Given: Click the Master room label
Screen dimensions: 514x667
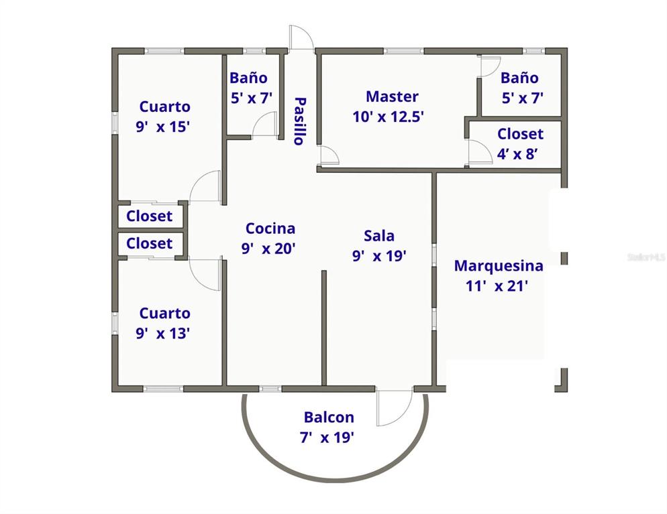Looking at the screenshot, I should pyautogui.click(x=392, y=97).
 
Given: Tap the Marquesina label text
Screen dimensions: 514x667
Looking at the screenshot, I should pyautogui.click(x=498, y=266).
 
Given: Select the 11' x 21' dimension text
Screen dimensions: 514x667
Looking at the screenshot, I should pyautogui.click(x=497, y=286).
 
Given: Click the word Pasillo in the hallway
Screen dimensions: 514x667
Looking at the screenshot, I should pyautogui.click(x=299, y=121).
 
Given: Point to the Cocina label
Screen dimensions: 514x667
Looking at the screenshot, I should pyautogui.click(x=270, y=229).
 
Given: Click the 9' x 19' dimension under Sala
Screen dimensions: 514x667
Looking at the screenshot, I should pyautogui.click(x=379, y=255).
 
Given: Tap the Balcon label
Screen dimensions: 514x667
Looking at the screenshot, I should pyautogui.click(x=329, y=417).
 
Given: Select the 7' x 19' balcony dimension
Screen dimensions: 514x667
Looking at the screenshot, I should pyautogui.click(x=327, y=438).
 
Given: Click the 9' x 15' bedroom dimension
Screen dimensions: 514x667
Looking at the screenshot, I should pyautogui.click(x=163, y=126).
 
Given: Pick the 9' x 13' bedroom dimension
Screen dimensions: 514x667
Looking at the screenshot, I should pyautogui.click(x=163, y=333).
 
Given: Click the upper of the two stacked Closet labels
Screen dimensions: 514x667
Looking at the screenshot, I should pyautogui.click(x=149, y=216).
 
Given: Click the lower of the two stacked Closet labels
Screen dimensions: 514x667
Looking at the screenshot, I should pyautogui.click(x=149, y=243).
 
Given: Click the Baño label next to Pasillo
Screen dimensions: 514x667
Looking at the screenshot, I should pyautogui.click(x=248, y=78).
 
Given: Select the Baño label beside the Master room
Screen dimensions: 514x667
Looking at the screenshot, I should pyautogui.click(x=519, y=78).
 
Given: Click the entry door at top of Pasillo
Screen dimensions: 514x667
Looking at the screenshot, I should pyautogui.click(x=301, y=38).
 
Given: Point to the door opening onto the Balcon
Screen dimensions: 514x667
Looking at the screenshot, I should pyautogui.click(x=394, y=407).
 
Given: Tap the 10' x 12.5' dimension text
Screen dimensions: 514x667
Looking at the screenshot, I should pyautogui.click(x=388, y=117).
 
